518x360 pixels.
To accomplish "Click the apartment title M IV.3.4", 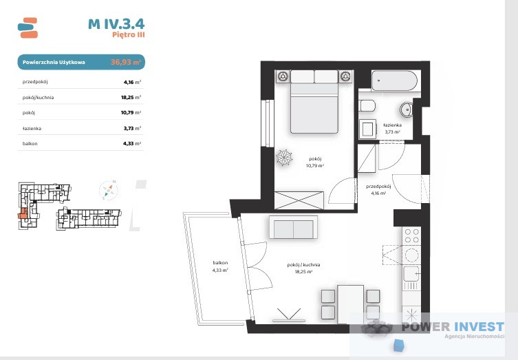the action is click(x=116, y=24).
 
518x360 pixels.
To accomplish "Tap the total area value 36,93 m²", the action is click(x=126, y=62).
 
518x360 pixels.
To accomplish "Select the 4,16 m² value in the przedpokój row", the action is click(x=132, y=82).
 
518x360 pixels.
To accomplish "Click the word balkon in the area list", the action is click(x=30, y=144).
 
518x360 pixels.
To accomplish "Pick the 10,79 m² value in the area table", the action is click(x=131, y=113).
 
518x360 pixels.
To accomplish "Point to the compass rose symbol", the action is click(x=109, y=191).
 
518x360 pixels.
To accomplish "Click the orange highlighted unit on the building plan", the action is click(x=23, y=214).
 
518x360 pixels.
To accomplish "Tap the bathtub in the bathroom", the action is click(x=394, y=81).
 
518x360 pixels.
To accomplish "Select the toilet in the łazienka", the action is click(x=367, y=106).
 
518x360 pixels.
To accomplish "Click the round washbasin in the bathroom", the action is click(x=406, y=109).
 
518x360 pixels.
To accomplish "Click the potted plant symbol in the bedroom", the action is click(x=284, y=158).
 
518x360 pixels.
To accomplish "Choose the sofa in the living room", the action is click(x=293, y=227).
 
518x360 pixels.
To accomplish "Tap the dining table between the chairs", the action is click(x=351, y=304).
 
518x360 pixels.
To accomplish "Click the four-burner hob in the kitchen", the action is click(x=411, y=235).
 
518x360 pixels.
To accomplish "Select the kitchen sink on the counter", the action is click(x=411, y=274).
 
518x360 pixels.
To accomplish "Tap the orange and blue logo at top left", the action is click(x=28, y=28).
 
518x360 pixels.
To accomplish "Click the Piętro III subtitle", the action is click(x=129, y=34).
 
